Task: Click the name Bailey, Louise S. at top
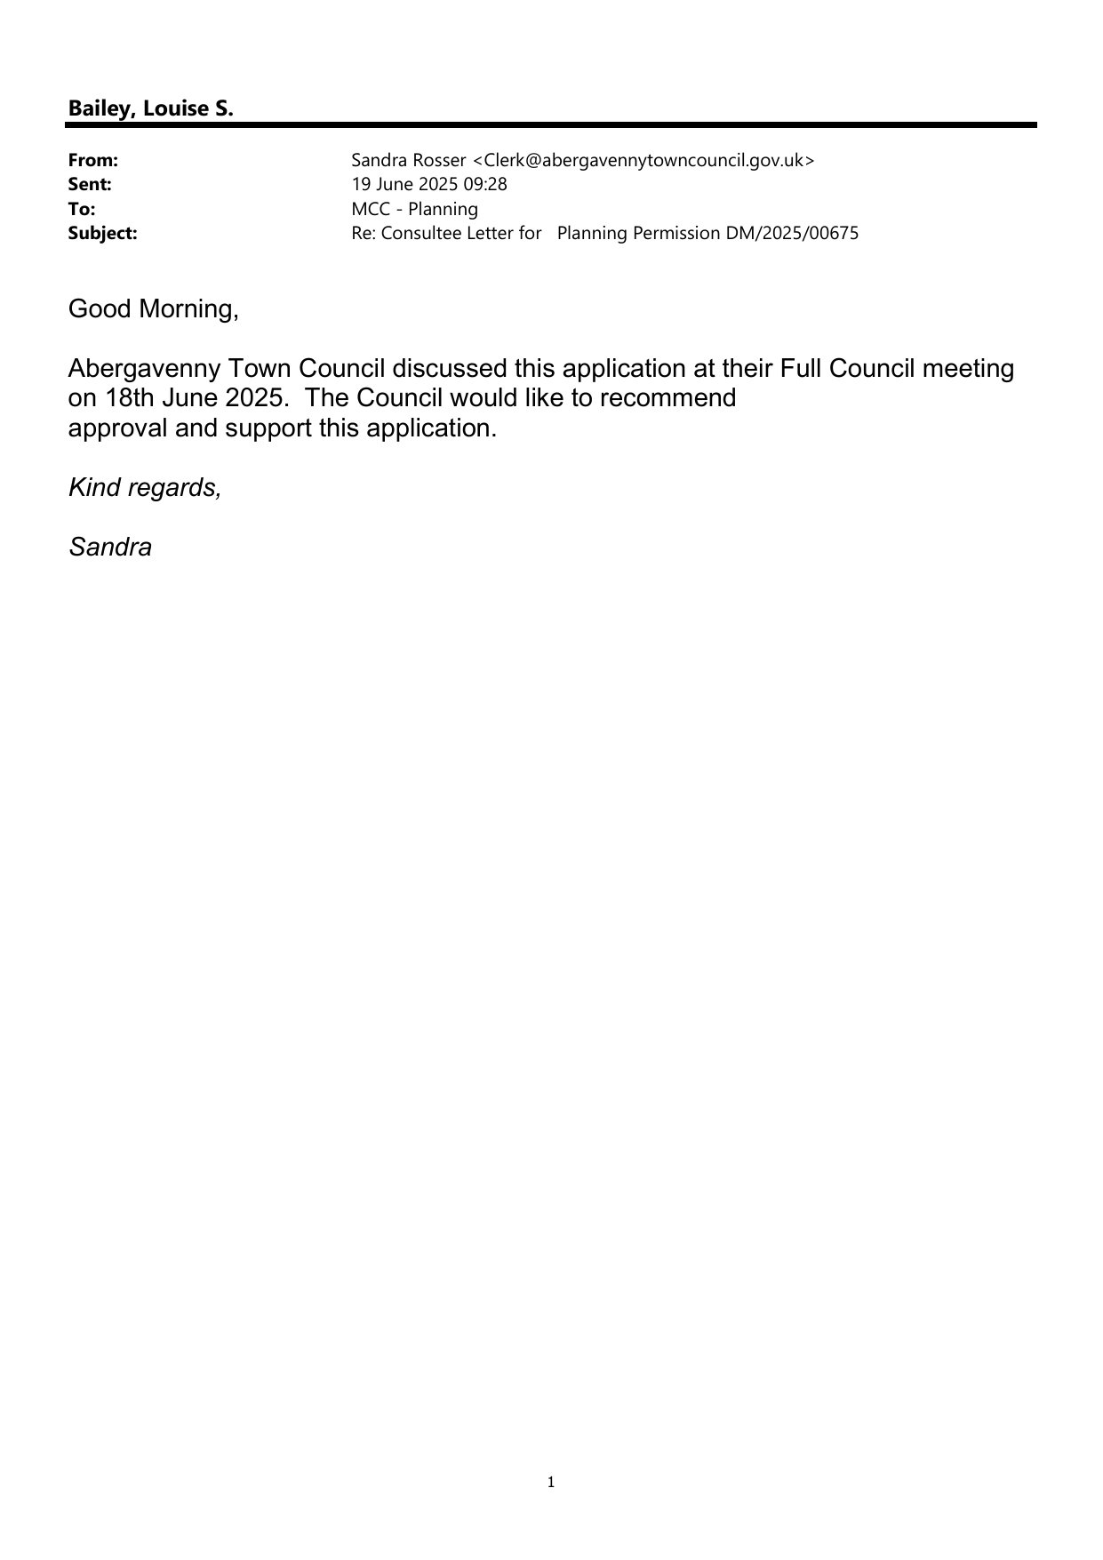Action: click(150, 109)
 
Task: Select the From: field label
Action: click(93, 161)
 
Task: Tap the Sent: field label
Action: click(90, 185)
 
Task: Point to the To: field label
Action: click(82, 209)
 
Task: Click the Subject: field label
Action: click(102, 234)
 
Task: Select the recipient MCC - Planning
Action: click(414, 209)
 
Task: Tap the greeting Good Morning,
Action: click(154, 309)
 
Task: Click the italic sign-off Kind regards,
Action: click(145, 488)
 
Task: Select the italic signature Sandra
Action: click(110, 548)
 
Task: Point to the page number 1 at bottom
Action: click(551, 1482)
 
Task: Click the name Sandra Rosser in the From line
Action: click(408, 161)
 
